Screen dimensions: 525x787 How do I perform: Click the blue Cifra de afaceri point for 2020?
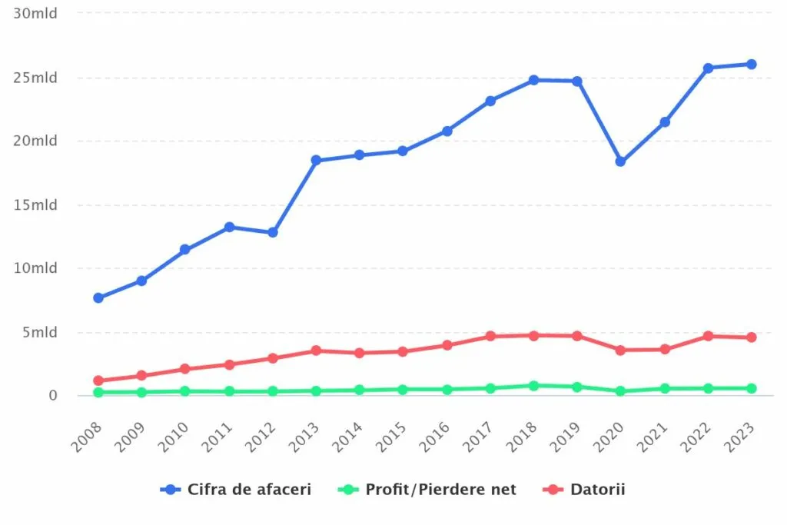620,161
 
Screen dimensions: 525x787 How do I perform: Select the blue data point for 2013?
316,160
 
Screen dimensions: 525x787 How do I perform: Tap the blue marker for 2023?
752,65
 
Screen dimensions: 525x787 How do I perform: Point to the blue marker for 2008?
98,297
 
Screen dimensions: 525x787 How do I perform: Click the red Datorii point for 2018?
533,335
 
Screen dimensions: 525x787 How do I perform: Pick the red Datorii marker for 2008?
98,380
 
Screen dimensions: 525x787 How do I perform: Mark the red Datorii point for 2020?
620,350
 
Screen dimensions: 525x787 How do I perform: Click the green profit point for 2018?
533,385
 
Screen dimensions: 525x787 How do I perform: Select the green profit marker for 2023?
752,388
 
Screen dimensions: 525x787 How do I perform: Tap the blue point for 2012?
273,232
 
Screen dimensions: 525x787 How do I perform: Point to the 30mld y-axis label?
36,14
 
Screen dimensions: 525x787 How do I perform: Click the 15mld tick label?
36,204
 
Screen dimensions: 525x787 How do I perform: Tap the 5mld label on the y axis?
39,332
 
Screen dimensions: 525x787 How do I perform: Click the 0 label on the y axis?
52,395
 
